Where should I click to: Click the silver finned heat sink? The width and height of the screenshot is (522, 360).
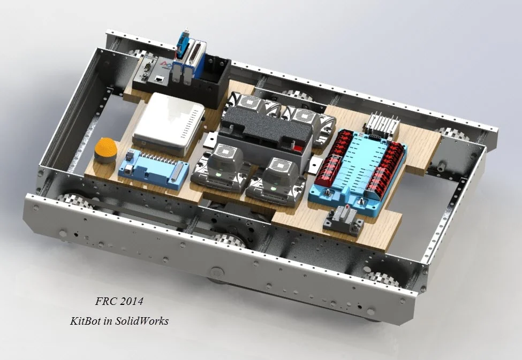coord(383,124)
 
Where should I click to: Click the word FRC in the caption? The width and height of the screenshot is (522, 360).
coord(105,301)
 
